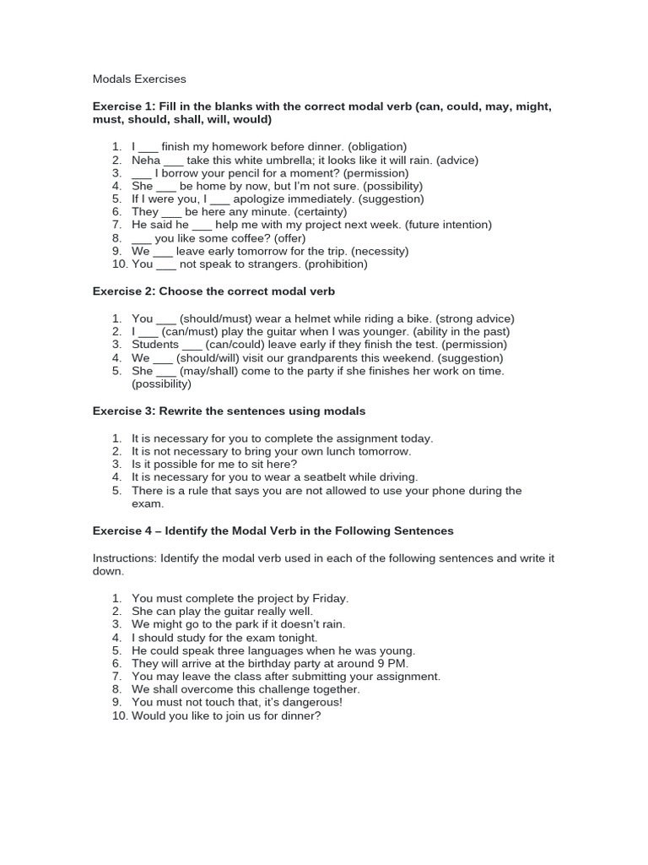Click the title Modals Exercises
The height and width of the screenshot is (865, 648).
(x=139, y=79)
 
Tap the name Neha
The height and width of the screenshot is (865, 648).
(x=146, y=160)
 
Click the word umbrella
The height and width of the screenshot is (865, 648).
(x=281, y=160)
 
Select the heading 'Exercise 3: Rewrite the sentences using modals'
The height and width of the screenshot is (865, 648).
(x=229, y=411)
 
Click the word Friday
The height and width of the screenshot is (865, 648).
(x=329, y=598)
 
